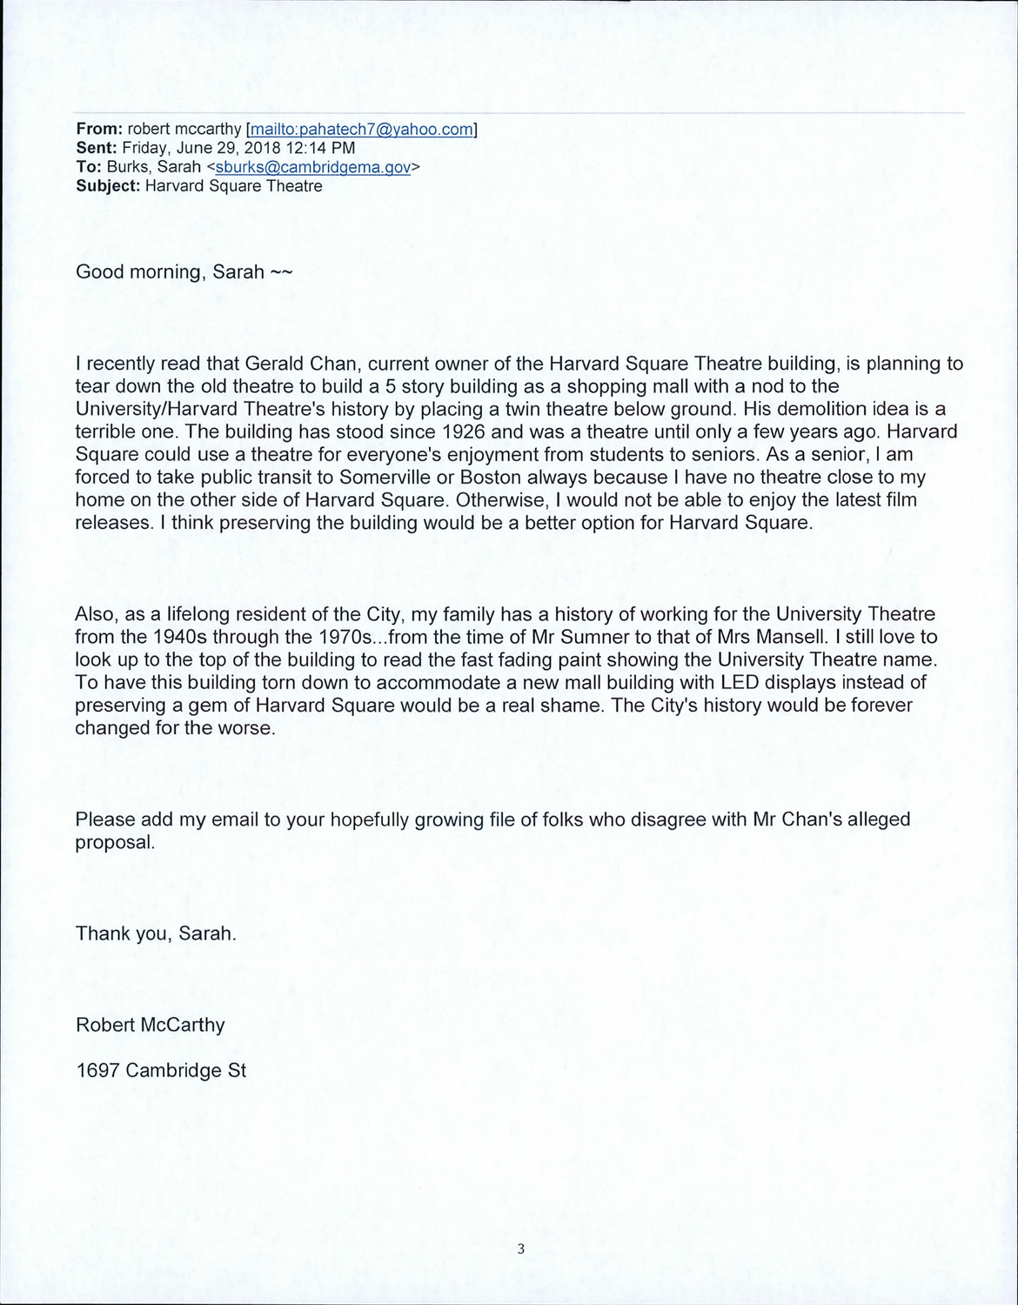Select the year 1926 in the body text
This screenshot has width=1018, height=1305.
click(x=459, y=432)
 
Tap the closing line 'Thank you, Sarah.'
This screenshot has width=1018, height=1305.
click(x=156, y=934)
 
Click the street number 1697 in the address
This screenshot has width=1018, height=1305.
click(x=98, y=1070)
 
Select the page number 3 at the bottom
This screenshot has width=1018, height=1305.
click(x=520, y=1250)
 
